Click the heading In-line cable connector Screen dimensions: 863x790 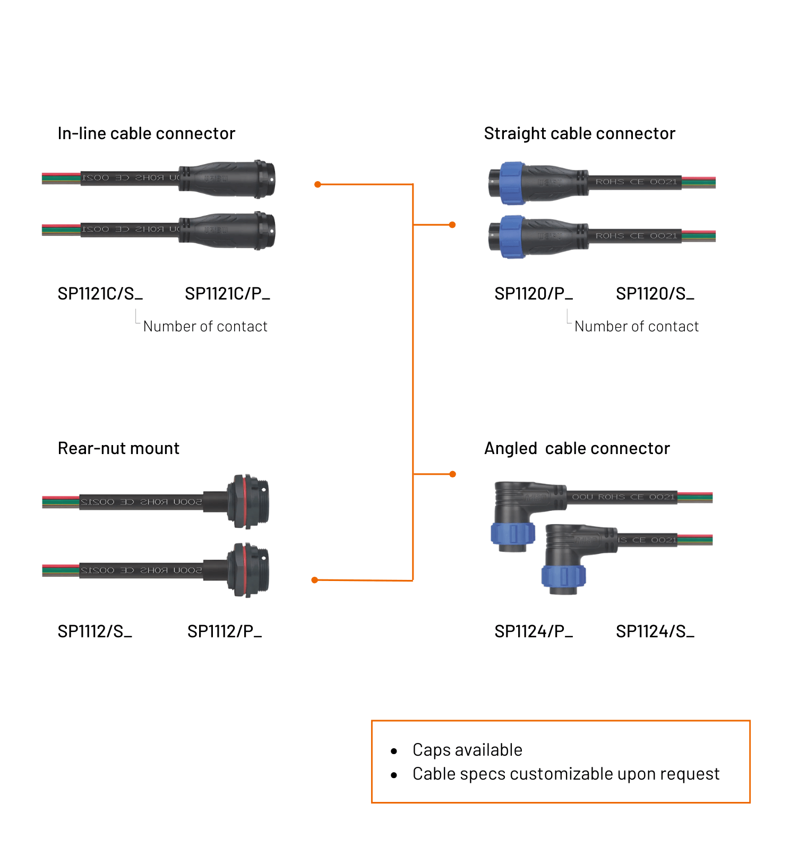click(x=146, y=133)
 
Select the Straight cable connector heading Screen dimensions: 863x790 click(x=579, y=133)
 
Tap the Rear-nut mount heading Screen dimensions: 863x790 click(x=118, y=448)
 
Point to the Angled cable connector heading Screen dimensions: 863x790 click(x=577, y=448)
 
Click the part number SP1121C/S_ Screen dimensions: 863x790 click(x=100, y=294)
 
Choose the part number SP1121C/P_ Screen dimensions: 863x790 click(x=227, y=294)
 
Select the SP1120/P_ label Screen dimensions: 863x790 click(x=533, y=294)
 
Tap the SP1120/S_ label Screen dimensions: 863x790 click(x=655, y=294)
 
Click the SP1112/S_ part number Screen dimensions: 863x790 click(x=95, y=631)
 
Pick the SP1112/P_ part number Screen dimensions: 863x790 click(x=224, y=631)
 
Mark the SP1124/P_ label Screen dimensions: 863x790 click(x=533, y=631)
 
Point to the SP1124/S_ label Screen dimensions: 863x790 click(x=655, y=631)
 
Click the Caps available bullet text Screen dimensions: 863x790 click(x=467, y=750)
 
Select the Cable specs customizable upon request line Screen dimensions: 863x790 click(x=566, y=774)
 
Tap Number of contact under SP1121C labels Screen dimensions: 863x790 click(x=205, y=327)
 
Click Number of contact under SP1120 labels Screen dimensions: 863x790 click(x=636, y=327)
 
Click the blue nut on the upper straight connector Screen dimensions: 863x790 click(x=512, y=183)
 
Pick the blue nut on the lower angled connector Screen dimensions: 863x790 click(x=563, y=576)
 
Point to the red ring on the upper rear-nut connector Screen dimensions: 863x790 click(x=245, y=501)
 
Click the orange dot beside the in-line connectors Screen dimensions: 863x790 click(x=317, y=184)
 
